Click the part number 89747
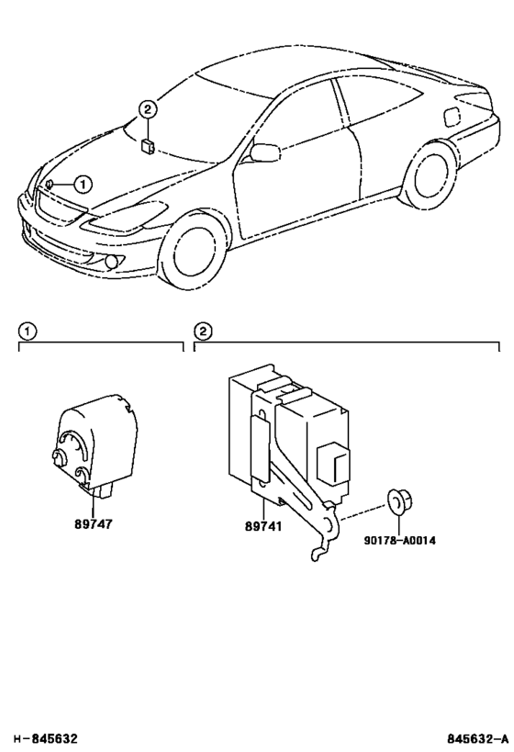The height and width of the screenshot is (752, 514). tap(94, 528)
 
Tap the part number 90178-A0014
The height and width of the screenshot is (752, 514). tap(398, 540)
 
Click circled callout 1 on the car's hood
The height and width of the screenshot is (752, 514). tap(82, 184)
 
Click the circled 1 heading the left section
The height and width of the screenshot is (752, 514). tap(28, 331)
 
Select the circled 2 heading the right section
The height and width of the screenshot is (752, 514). tap(203, 331)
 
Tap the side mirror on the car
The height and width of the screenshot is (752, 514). tap(264, 152)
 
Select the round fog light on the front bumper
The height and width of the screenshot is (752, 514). tap(112, 262)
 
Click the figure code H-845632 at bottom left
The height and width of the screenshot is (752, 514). tap(44, 738)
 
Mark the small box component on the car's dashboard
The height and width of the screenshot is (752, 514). tap(148, 143)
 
